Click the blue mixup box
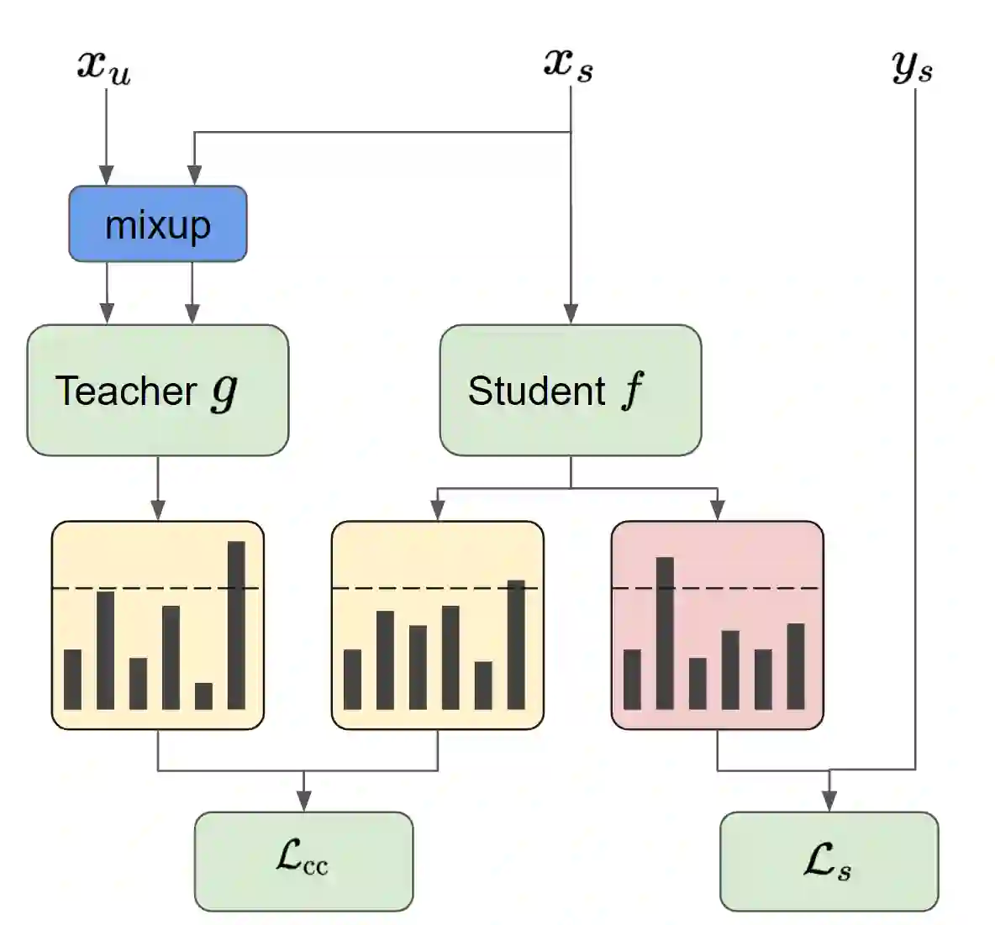tap(158, 223)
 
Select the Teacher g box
tap(158, 391)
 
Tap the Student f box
tap(571, 391)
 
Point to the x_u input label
tap(104, 66)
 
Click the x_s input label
tap(569, 64)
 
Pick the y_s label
tap(913, 66)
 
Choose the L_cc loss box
tap(303, 860)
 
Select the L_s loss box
tap(829, 860)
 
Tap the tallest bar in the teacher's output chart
tap(236, 625)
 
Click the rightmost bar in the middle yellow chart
tap(516, 644)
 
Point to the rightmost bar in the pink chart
tap(796, 666)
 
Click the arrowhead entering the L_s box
tap(829, 801)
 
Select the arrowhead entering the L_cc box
tap(304, 801)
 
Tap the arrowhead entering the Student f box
tap(571, 314)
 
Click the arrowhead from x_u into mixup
tap(107, 176)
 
